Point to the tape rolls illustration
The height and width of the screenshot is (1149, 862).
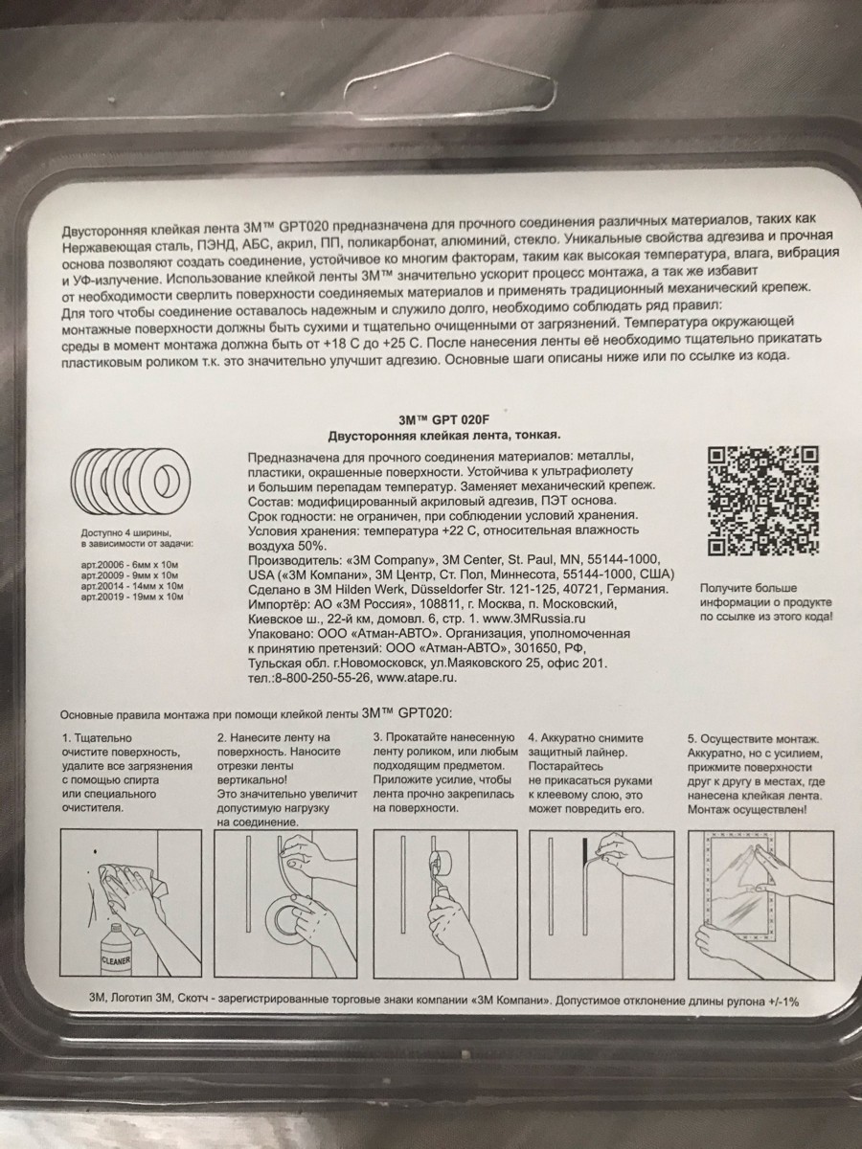click(x=130, y=479)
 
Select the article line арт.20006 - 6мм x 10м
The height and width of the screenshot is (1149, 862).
click(x=130, y=564)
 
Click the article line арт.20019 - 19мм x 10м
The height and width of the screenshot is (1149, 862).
click(x=132, y=597)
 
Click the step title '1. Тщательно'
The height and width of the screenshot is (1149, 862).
click(x=98, y=738)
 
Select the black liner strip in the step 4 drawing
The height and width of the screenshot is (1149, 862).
click(x=585, y=856)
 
